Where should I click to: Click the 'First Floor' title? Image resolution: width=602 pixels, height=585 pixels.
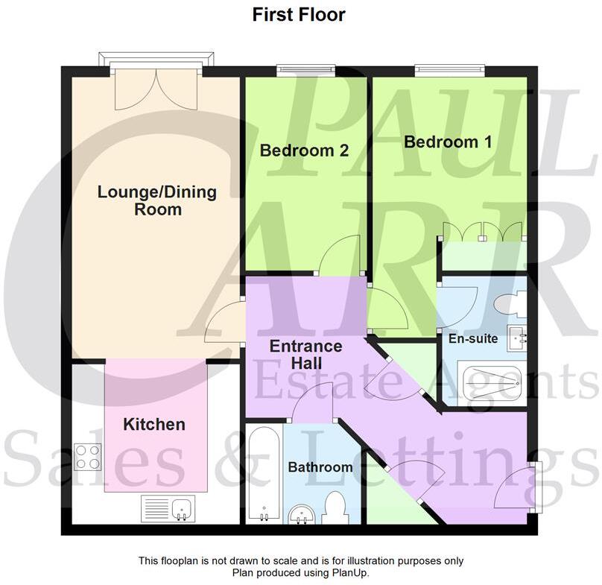pos(299,14)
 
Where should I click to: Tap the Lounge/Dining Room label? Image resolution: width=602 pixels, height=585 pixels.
pos(157,200)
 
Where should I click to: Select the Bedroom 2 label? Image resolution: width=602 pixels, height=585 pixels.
pos(304,151)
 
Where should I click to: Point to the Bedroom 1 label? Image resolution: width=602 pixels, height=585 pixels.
pos(447,142)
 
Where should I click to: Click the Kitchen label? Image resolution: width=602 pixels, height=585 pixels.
pos(153,425)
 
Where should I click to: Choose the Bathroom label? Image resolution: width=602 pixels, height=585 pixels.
pos(320,467)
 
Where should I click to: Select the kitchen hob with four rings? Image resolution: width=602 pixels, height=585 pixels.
pos(88,456)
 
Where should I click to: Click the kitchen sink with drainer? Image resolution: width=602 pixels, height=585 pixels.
pos(168,509)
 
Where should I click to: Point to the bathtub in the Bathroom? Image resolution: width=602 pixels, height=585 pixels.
pos(264,474)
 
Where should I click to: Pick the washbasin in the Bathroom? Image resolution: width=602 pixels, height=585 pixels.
pos(302,513)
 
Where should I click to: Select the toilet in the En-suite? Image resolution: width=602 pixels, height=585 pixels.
pos(513,303)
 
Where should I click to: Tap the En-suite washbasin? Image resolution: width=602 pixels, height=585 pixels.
pos(518,338)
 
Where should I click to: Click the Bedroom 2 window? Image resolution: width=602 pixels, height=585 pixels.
pos(306,71)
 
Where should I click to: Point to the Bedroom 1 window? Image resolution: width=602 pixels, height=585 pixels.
pos(449,71)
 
